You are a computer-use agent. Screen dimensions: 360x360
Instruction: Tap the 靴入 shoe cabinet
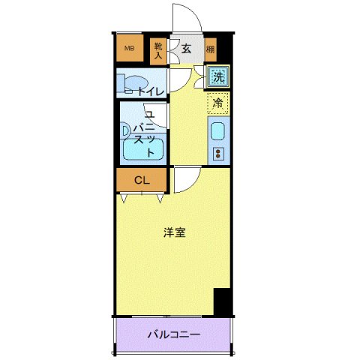tap(158, 49)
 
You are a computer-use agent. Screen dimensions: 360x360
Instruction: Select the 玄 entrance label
tap(185, 49)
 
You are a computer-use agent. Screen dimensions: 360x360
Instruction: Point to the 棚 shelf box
tap(210, 49)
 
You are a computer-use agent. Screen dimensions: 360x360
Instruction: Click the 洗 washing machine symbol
tap(217, 76)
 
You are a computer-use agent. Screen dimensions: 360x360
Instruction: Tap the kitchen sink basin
tap(217, 132)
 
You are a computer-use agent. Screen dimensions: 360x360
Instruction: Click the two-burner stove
tap(218, 154)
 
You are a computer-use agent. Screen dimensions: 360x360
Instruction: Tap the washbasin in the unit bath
tap(125, 130)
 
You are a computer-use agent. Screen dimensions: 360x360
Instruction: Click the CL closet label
tap(141, 180)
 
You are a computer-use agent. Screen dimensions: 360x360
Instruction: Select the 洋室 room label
tap(175, 232)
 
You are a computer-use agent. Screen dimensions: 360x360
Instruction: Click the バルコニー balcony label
tap(173, 334)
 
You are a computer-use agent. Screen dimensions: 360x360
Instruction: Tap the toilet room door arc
tap(179, 79)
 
